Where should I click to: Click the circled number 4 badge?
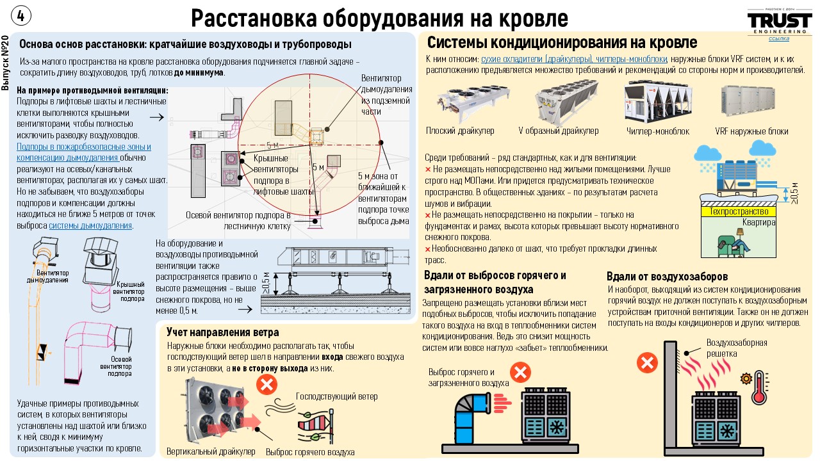click(21, 16)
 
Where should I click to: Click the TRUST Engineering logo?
click(780, 22)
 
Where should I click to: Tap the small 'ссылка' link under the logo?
click(778, 38)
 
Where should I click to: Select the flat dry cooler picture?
click(472, 102)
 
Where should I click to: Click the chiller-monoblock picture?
click(658, 102)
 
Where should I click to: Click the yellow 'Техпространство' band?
click(739, 211)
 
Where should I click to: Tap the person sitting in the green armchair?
click(734, 243)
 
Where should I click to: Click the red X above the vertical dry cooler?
click(266, 385)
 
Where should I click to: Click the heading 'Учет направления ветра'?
click(222, 332)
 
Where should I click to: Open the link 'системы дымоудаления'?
click(90, 225)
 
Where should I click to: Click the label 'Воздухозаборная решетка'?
click(737, 348)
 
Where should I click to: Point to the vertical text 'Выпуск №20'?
click(5, 63)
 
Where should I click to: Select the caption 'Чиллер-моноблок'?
click(658, 131)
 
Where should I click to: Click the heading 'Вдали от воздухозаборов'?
click(667, 276)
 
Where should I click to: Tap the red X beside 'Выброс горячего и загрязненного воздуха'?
click(521, 373)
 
